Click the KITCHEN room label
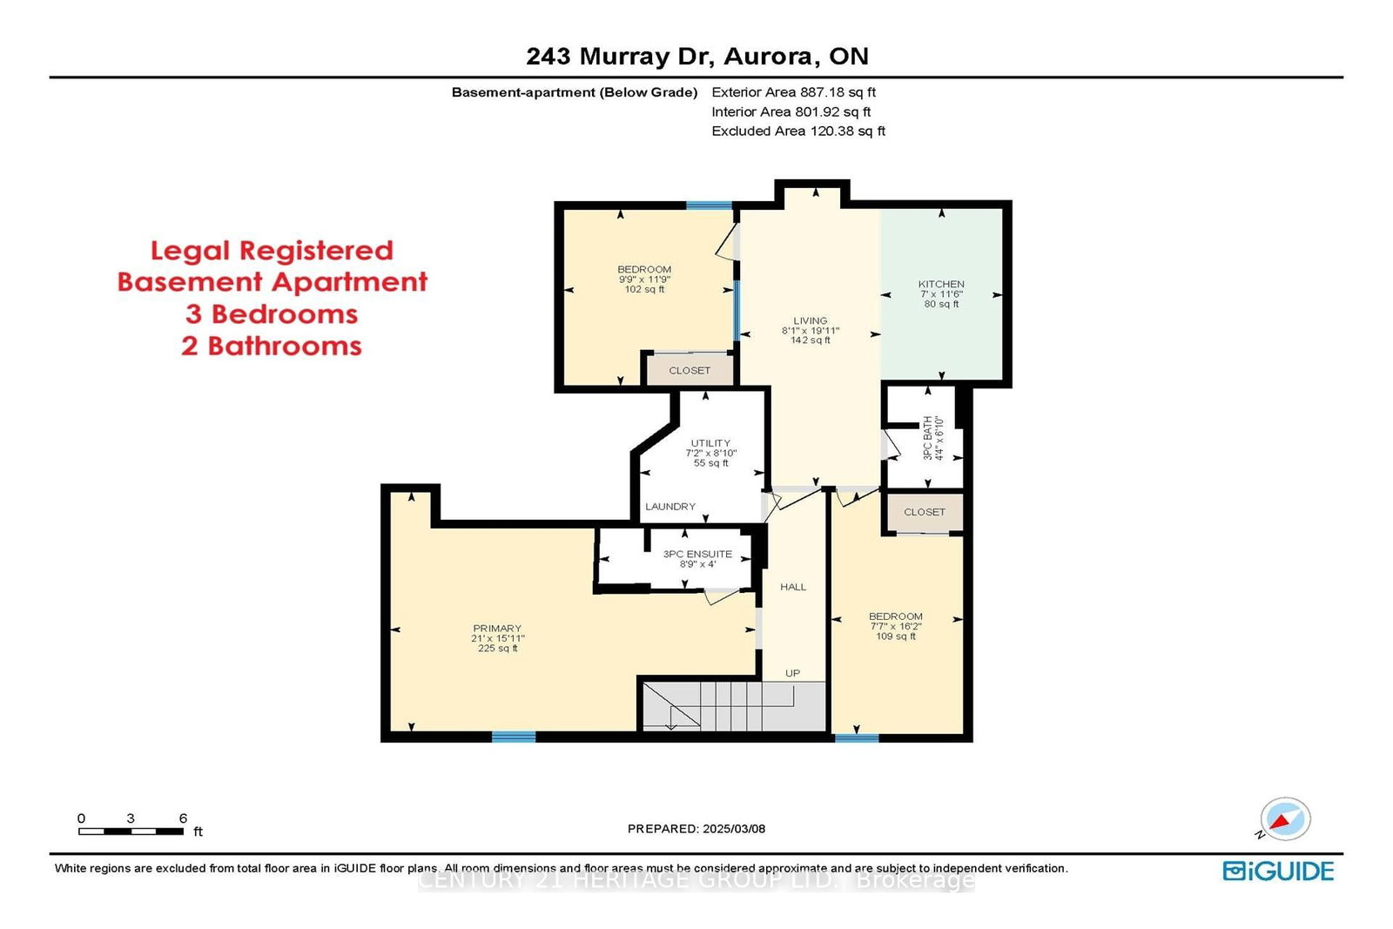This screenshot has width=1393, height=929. point(941,284)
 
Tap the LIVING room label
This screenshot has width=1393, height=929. point(811,321)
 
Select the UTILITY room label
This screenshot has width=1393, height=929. point(710,443)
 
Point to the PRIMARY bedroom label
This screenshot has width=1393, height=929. point(497,628)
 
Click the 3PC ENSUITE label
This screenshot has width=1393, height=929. point(697,554)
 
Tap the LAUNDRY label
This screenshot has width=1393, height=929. point(670,507)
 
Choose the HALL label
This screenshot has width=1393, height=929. point(793,587)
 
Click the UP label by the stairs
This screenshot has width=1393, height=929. point(792,673)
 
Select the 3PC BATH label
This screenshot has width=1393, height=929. point(927,438)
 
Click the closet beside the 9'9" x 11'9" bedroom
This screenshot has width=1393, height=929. point(690,370)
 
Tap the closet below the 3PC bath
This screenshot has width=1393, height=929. point(925,512)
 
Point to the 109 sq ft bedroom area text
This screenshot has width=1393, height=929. point(896,636)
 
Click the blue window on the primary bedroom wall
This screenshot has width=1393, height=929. point(514,737)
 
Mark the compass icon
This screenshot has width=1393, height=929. point(1285,819)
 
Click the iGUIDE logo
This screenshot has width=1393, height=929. point(1278,872)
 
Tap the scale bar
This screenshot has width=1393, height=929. point(131,831)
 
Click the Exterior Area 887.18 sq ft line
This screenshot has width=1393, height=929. point(793,92)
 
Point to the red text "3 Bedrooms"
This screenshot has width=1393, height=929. point(272,314)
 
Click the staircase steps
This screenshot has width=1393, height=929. point(734,706)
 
